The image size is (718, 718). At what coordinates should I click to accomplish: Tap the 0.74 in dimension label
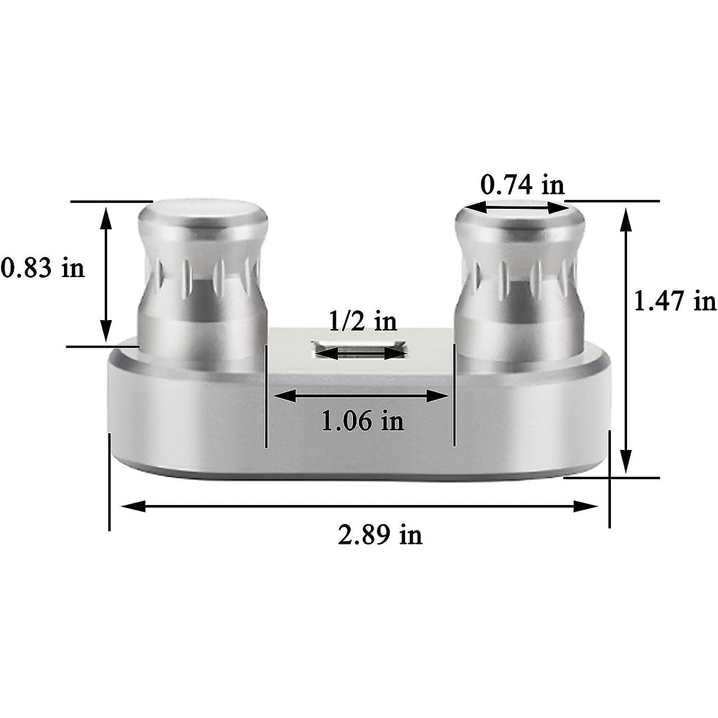pos(522,185)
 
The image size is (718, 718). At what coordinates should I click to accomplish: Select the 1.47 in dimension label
pos(674,300)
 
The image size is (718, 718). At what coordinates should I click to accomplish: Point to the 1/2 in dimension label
pos(363,321)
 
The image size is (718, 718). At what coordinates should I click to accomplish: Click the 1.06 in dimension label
pos(363,421)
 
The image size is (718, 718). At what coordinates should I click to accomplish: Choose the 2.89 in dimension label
pos(379,534)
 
